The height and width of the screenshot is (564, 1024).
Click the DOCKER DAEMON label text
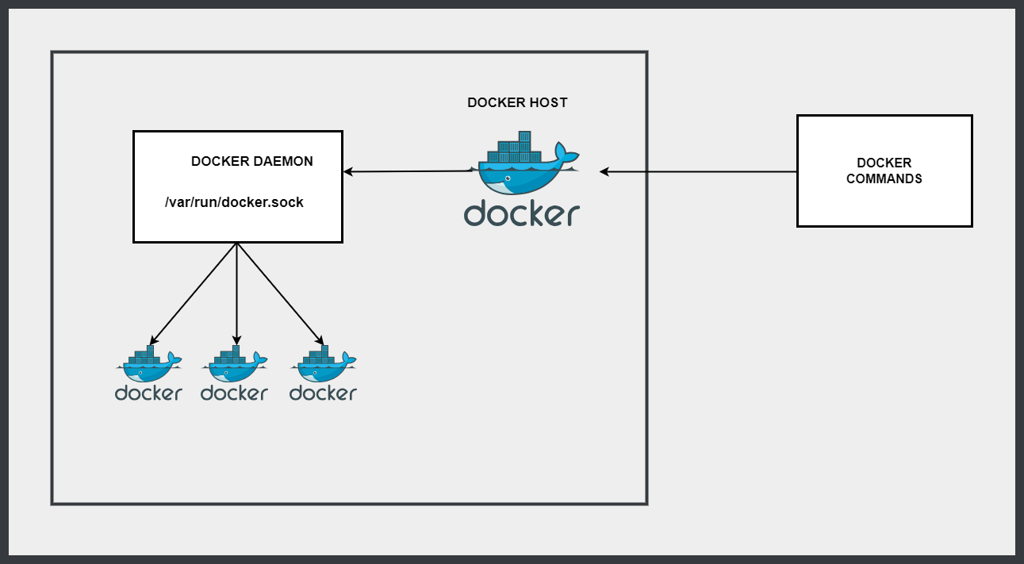(251, 161)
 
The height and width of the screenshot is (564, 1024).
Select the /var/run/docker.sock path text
(234, 202)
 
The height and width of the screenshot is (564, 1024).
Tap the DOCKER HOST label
(517, 102)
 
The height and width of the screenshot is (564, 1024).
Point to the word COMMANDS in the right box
(884, 179)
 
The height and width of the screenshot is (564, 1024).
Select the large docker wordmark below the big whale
(522, 213)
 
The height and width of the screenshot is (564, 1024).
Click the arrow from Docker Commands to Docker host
(698, 171)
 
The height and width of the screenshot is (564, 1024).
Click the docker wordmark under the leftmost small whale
(148, 393)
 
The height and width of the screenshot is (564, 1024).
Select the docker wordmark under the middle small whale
(235, 393)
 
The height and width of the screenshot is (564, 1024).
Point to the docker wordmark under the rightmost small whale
(323, 393)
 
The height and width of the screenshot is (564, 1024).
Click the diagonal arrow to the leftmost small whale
(194, 294)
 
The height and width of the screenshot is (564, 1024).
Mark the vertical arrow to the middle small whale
(237, 294)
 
